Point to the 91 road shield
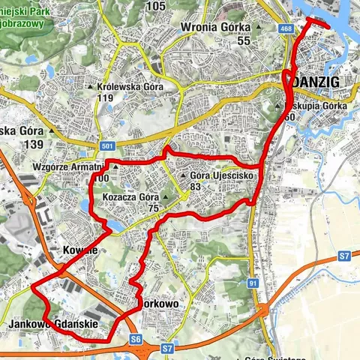(253, 282)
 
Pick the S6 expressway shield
(136, 339)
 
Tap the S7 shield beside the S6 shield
(167, 347)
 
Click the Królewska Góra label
(128, 86)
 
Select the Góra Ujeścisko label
(219, 175)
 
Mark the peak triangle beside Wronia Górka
(259, 29)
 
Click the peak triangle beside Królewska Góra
(91, 87)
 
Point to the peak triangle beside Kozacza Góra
(166, 198)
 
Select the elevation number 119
(105, 97)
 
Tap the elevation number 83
(196, 187)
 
